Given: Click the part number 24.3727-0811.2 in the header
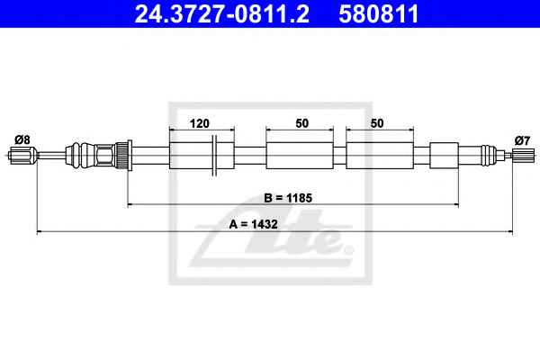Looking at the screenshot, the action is [221, 13].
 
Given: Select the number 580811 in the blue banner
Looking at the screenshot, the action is [379, 13].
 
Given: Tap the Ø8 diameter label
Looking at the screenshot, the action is [22, 139].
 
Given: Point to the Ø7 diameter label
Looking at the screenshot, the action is [522, 140].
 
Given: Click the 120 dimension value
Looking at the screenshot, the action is [200, 123].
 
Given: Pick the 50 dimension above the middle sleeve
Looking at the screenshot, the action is [302, 123].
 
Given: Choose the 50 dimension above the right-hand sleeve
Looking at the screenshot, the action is [377, 123].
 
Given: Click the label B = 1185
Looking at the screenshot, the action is [288, 198].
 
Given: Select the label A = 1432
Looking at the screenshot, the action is [254, 224].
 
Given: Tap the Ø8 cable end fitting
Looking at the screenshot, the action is [22, 156].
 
